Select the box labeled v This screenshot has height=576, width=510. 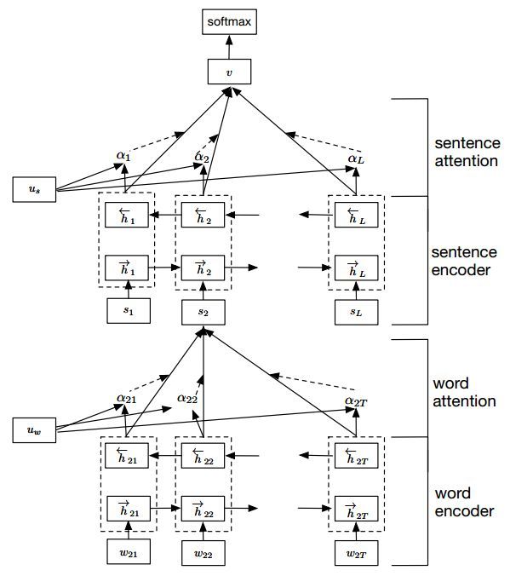(228, 72)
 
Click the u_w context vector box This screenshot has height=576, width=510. (33, 430)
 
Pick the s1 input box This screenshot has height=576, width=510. (128, 311)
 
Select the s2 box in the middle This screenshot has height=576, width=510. (203, 312)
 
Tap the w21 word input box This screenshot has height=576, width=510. (128, 552)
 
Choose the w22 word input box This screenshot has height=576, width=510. (203, 552)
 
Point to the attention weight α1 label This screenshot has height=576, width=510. (123, 157)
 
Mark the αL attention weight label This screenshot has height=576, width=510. (355, 158)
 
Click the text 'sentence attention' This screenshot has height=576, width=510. (465, 150)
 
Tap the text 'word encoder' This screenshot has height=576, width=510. (464, 503)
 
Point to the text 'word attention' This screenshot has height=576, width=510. (464, 392)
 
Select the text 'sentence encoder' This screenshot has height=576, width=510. (465, 262)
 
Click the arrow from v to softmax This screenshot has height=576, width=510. (228, 44)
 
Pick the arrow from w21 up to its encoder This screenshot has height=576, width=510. (128, 532)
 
